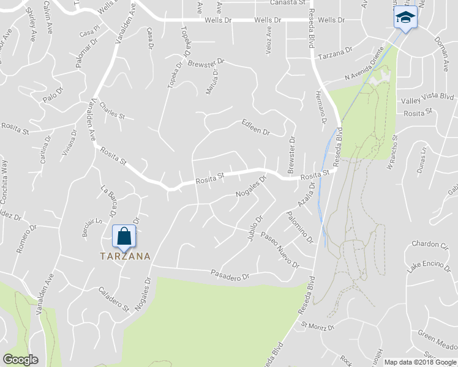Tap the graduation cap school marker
point(405,17)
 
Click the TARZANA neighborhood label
point(126,256)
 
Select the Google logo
point(20,360)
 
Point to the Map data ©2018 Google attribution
point(420,362)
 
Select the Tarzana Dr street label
point(336,50)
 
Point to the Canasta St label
point(288,2)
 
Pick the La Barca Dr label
point(108,200)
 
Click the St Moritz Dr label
point(318,328)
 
